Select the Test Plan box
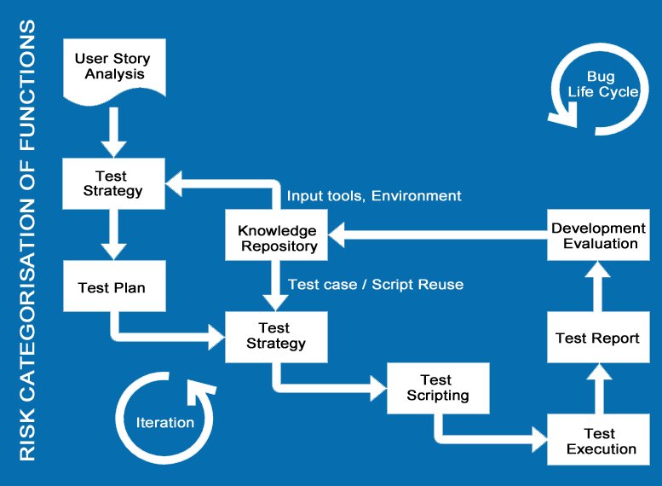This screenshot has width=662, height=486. [x=112, y=288]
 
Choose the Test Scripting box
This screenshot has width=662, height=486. [x=438, y=388]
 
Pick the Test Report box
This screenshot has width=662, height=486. [x=597, y=338]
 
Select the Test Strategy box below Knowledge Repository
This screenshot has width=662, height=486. [x=275, y=336]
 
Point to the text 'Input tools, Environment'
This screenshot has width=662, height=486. [x=374, y=196]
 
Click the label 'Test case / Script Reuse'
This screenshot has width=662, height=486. [x=376, y=284]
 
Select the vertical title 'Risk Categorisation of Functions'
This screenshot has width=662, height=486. [x=27, y=242]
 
